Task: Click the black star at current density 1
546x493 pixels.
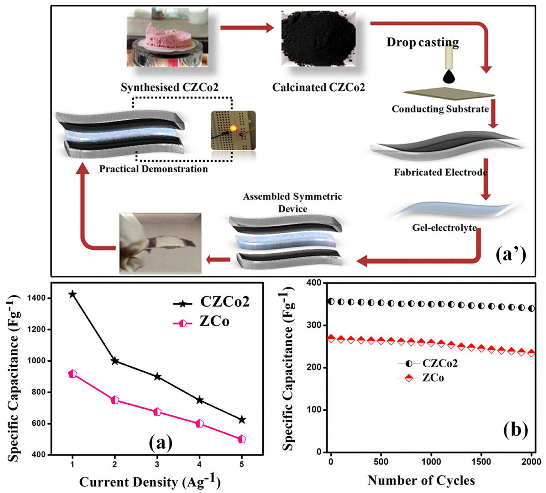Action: pyautogui.click(x=72, y=294)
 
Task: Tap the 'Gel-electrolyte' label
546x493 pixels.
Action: pyautogui.click(x=444, y=228)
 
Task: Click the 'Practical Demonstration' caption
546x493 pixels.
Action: pyautogui.click(x=153, y=169)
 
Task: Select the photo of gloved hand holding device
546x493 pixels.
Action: pyautogui.click(x=160, y=243)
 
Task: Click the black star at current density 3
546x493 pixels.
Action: pyautogui.click(x=157, y=377)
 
